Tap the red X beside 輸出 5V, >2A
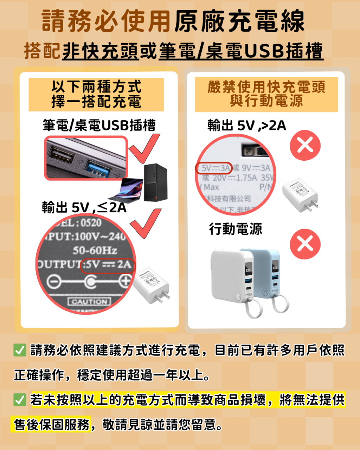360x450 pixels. [x=305, y=145]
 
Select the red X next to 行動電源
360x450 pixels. [x=305, y=244]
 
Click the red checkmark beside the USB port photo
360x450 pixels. [x=144, y=149]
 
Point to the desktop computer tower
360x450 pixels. [x=155, y=182]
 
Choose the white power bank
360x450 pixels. [x=232, y=276]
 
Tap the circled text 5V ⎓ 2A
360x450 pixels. [x=108, y=264]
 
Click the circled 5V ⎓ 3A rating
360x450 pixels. [x=213, y=168]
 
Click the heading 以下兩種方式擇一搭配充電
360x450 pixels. [x=96, y=94]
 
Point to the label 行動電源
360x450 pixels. [x=236, y=229]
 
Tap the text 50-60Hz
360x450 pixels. [x=95, y=250]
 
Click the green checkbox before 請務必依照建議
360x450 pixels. [x=20, y=351]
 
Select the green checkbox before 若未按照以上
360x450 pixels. [x=20, y=400]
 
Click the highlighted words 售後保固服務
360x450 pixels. [x=52, y=425]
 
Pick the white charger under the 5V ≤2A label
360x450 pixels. [x=153, y=285]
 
